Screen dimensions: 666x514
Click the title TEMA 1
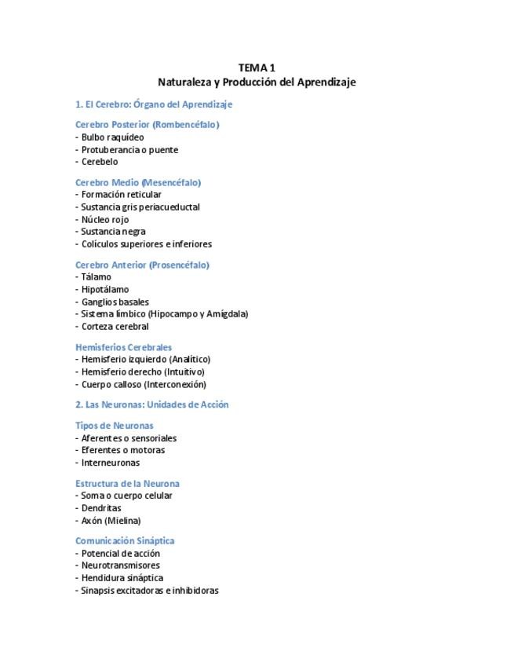257,68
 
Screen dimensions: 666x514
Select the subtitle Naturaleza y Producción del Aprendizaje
257,82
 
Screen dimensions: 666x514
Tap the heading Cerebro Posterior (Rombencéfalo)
147,125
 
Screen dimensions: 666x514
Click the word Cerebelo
99,162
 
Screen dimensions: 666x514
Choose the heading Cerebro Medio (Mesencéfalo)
138,182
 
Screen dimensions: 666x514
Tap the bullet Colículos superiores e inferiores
146,244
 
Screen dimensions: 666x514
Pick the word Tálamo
97,277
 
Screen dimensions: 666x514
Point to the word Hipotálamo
105,290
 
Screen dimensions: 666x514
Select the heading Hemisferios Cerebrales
123,347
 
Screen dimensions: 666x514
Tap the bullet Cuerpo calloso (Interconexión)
143,385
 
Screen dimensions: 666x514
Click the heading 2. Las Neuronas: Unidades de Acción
151,405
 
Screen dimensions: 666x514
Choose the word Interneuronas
111,463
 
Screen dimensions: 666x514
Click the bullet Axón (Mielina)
111,521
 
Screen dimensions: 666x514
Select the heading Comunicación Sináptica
125,541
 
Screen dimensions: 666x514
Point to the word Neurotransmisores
120,565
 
